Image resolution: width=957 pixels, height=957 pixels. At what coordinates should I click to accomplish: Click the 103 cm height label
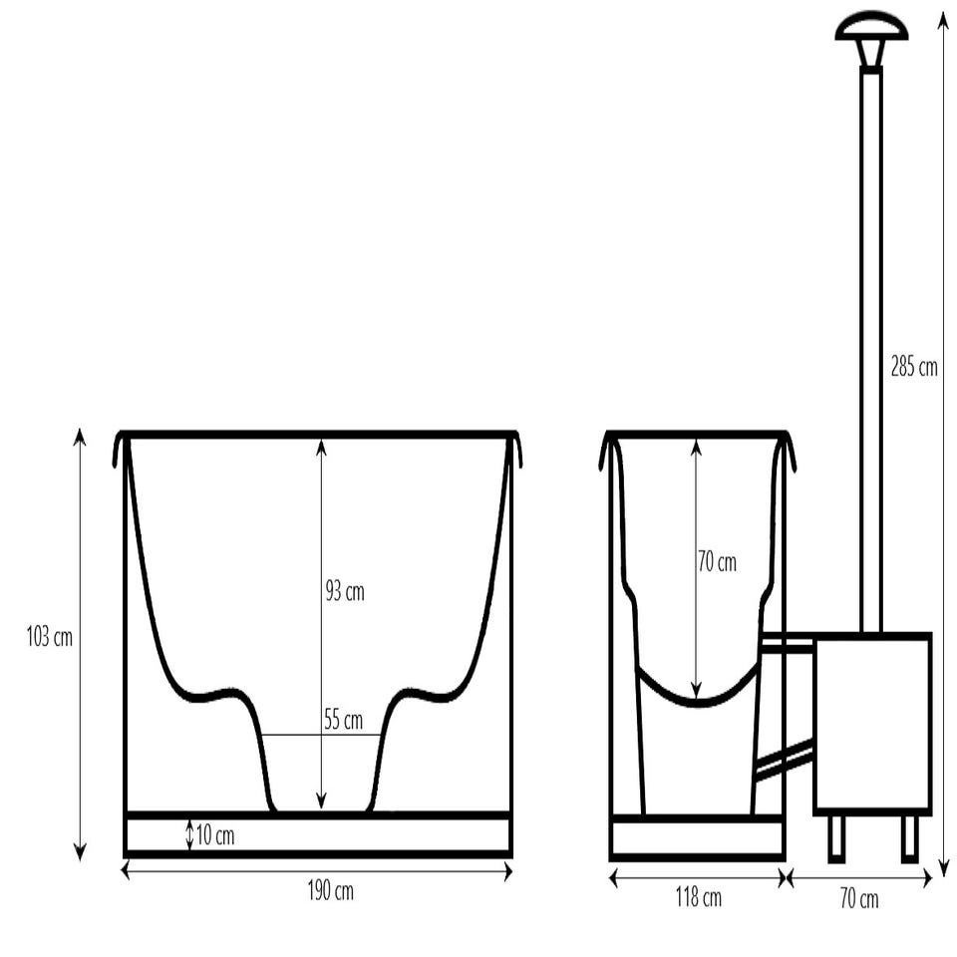pyautogui.click(x=50, y=637)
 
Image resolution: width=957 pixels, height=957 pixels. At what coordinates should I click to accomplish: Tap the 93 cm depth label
pyautogui.click(x=345, y=591)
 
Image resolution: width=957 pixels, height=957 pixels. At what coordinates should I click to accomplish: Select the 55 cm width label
pyautogui.click(x=343, y=720)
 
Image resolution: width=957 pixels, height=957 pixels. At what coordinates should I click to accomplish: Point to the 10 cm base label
pyautogui.click(x=215, y=835)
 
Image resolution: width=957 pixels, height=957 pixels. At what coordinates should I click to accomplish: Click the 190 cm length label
pyautogui.click(x=331, y=891)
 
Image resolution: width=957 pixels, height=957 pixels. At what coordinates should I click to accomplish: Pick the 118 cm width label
pyautogui.click(x=698, y=897)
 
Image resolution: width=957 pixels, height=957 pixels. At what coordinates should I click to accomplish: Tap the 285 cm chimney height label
pyautogui.click(x=914, y=367)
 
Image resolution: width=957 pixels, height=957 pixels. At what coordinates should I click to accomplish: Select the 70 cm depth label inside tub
pyautogui.click(x=717, y=562)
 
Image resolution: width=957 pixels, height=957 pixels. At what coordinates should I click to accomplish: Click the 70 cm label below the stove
pyautogui.click(x=859, y=899)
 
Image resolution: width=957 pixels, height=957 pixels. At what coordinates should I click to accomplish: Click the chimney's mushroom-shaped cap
pyautogui.click(x=871, y=28)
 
